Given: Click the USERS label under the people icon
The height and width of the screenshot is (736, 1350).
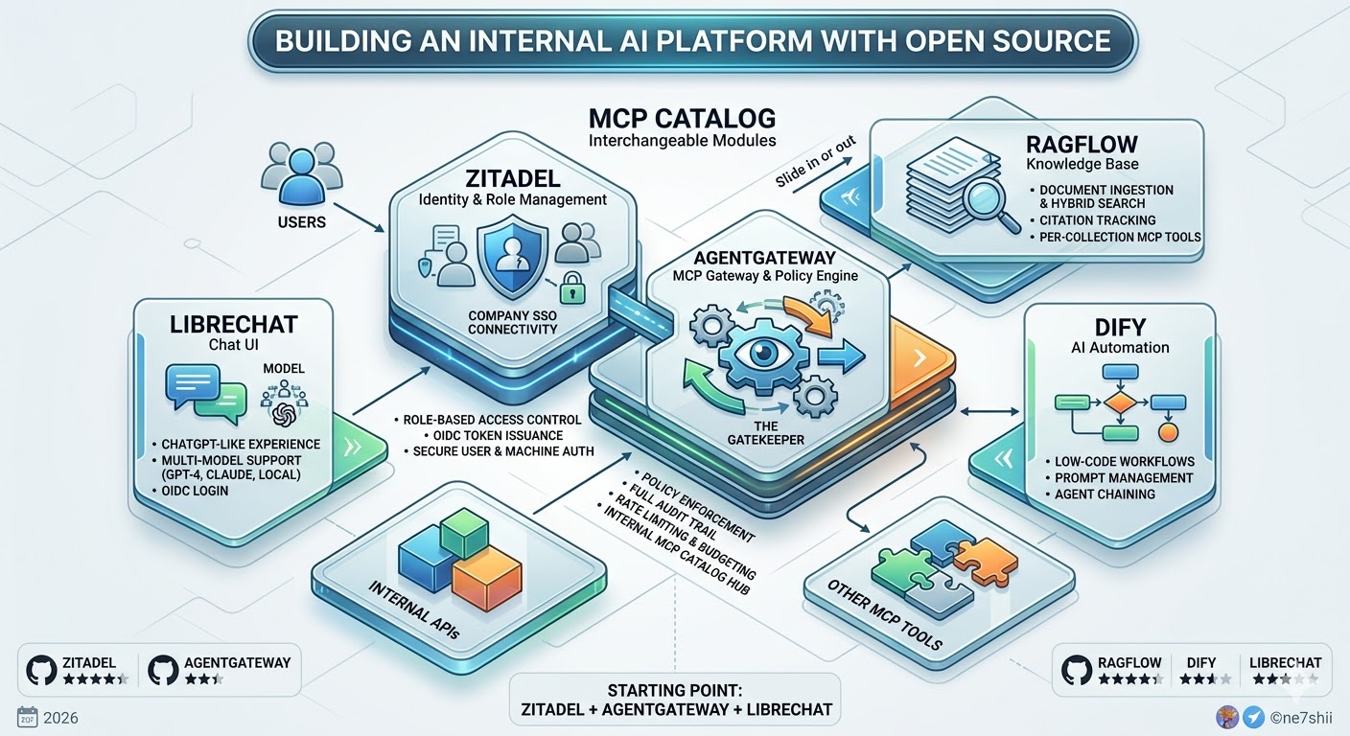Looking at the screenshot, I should tap(301, 222).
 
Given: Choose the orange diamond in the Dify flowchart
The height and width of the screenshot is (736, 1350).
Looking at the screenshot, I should tap(1119, 402).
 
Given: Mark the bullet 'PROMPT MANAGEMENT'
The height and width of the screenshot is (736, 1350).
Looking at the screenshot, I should tap(1117, 477).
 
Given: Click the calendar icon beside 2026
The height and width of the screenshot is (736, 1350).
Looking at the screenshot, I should tap(26, 717).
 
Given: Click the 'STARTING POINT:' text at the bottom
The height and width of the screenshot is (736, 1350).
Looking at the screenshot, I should tap(675, 690).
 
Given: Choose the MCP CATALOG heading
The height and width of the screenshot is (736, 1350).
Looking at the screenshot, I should tap(681, 120).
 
